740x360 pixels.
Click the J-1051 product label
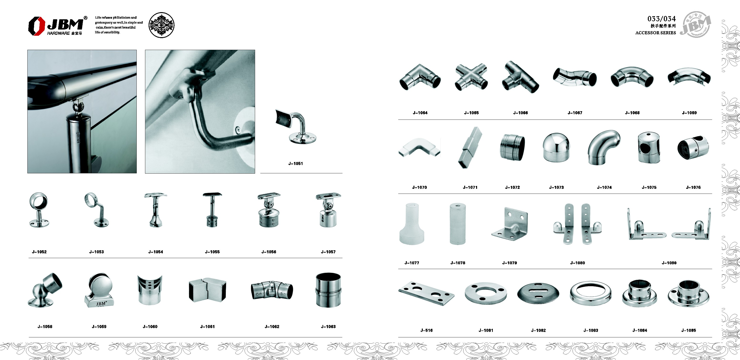point(295,164)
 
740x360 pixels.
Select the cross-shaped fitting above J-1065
point(471,77)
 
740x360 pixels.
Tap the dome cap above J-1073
point(556,148)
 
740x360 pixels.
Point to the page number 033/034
point(661,19)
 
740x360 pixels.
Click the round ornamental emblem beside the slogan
point(161,25)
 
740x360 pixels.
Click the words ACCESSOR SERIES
point(655,33)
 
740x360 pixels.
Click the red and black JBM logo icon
point(36,26)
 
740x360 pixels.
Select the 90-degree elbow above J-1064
point(420,77)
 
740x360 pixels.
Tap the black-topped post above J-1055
point(212,210)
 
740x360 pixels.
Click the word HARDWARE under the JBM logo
point(58,33)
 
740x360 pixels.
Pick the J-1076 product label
point(693,187)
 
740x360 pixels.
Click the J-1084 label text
point(640,330)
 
